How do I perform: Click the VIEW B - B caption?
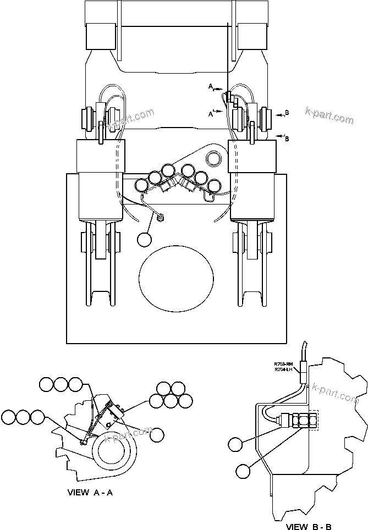click(309, 526)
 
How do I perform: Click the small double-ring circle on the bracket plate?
click(213, 159)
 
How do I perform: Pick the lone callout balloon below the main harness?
click(145, 239)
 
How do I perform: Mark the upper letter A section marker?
click(211, 86)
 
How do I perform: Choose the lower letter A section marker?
click(211, 114)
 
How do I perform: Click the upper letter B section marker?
click(287, 113)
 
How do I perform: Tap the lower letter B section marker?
click(287, 139)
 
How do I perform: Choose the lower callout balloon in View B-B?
click(243, 471)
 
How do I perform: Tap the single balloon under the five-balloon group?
click(157, 434)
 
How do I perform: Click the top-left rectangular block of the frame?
click(100, 36)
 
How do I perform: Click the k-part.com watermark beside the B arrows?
click(329, 115)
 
